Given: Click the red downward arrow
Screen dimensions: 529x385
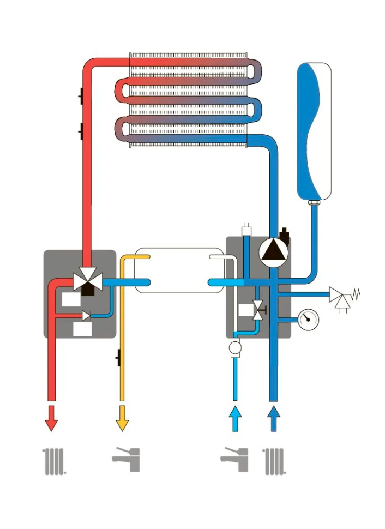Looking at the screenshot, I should tap(51, 418).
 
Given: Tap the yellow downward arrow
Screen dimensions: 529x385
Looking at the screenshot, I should tap(122, 418).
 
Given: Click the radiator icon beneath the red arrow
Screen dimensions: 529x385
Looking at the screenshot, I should tap(55, 461).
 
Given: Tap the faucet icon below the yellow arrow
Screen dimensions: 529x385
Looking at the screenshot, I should tap(126, 460).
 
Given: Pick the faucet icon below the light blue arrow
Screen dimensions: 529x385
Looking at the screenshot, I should tap(234, 460).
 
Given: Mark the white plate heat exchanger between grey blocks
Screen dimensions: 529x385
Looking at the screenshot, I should tap(179, 270).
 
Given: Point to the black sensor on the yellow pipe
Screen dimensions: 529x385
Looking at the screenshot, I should tap(118, 357).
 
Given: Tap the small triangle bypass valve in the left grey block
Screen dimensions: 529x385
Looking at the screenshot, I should tap(86, 315).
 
